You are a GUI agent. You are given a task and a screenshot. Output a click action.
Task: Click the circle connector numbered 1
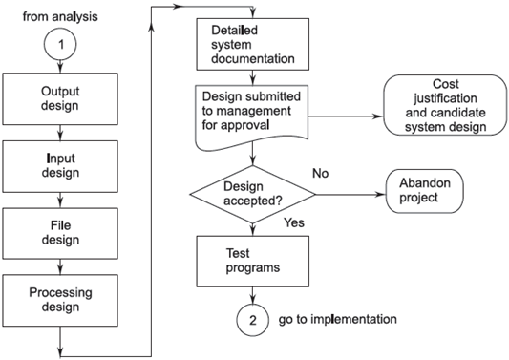pyautogui.click(x=60, y=44)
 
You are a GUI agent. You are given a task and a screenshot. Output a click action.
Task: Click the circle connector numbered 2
pyautogui.click(x=251, y=319)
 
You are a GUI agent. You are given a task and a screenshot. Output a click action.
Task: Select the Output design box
pyautogui.click(x=60, y=97)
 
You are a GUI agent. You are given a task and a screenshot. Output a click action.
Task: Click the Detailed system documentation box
pyautogui.click(x=251, y=43)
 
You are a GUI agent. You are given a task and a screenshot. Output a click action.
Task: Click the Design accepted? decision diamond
pyautogui.click(x=251, y=194)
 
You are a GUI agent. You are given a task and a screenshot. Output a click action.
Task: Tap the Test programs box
pyautogui.click(x=251, y=259)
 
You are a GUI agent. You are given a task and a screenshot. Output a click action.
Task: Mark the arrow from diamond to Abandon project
pyautogui.click(x=349, y=194)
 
